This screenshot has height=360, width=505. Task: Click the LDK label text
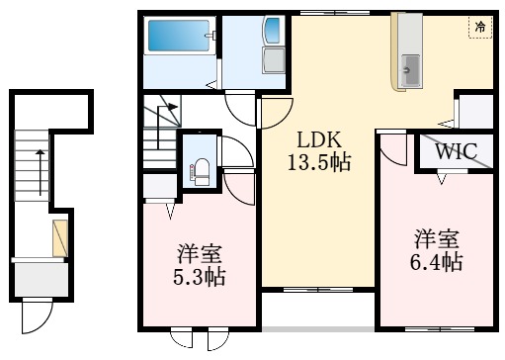coord(319,139)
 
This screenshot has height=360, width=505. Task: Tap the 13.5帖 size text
coord(319,162)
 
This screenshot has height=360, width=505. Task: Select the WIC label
coord(457,151)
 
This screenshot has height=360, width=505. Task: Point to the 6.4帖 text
coord(436,261)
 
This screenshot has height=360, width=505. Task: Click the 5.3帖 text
coord(200,276)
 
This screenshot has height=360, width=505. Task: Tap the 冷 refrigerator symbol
coord(480,27)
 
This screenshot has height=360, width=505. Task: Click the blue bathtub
coord(179,36)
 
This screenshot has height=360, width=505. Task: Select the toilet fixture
coord(202,172)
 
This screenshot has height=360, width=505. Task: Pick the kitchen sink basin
coord(410,69)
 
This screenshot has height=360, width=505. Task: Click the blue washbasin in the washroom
coord(273,31)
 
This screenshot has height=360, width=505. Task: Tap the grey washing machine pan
coord(274,60)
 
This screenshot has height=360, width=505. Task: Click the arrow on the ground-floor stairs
coord(41,172)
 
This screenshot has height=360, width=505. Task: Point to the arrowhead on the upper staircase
coord(173,107)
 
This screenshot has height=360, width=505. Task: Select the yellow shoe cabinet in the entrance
coord(60,238)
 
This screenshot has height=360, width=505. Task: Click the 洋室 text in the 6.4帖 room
coord(437,239)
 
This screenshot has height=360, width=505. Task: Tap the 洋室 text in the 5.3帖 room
coord(200,254)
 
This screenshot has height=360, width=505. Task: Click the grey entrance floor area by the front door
coord(42,280)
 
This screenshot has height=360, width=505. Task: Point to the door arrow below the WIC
coord(442,179)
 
